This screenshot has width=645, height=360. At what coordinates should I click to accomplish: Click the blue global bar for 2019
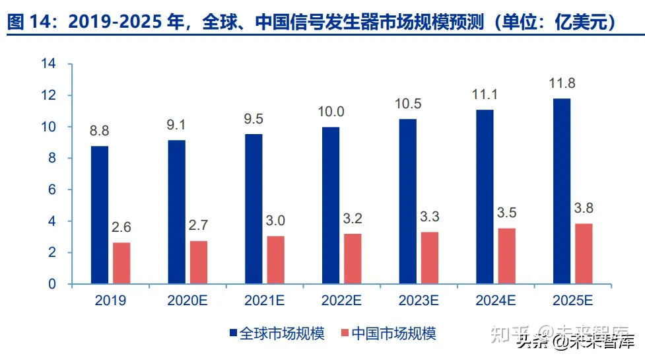[100, 215]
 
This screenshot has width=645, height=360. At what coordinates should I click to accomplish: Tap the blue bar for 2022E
[330, 205]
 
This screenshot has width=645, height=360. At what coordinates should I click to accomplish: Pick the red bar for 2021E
[275, 260]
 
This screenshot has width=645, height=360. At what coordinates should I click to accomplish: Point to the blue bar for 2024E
[485, 197]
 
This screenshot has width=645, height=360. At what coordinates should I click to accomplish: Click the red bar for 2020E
[199, 262]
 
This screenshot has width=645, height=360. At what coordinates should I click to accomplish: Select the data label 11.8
[562, 84]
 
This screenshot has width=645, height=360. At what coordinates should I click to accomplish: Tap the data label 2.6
[121, 228]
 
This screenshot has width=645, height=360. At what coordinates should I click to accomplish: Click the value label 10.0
[330, 112]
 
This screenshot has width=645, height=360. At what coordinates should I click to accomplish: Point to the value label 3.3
[430, 217]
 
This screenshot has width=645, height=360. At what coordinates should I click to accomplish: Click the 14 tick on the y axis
[48, 64]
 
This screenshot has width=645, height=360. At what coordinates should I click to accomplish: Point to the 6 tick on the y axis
[51, 190]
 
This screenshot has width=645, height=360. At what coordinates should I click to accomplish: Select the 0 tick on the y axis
[51, 284]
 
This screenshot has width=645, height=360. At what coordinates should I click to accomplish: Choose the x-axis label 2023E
[418, 301]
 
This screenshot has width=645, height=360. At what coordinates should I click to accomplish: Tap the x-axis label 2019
[110, 301]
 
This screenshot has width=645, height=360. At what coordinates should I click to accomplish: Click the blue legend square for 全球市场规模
[232, 333]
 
